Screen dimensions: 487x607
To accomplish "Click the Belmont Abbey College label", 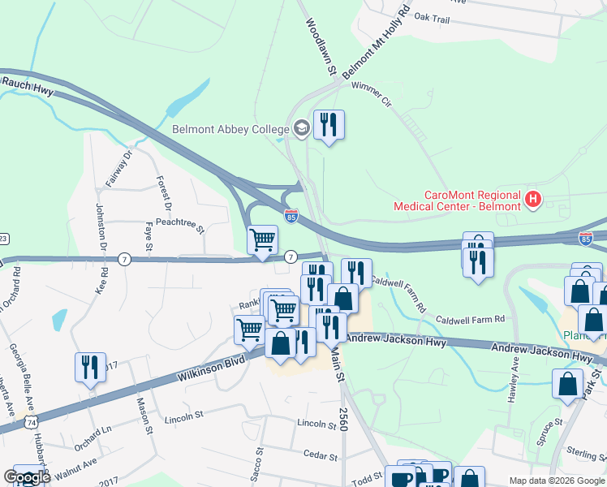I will tap(230, 129).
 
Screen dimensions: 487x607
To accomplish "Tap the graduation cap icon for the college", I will tap(302, 127).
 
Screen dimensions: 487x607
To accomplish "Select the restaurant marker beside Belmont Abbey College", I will tap(329, 125).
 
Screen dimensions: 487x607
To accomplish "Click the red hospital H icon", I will tap(533, 197).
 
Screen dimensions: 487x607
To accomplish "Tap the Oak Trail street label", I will tap(432, 16).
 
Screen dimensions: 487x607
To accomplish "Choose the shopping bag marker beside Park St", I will tap(567, 384).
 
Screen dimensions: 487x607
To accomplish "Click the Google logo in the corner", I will tap(27, 477).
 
